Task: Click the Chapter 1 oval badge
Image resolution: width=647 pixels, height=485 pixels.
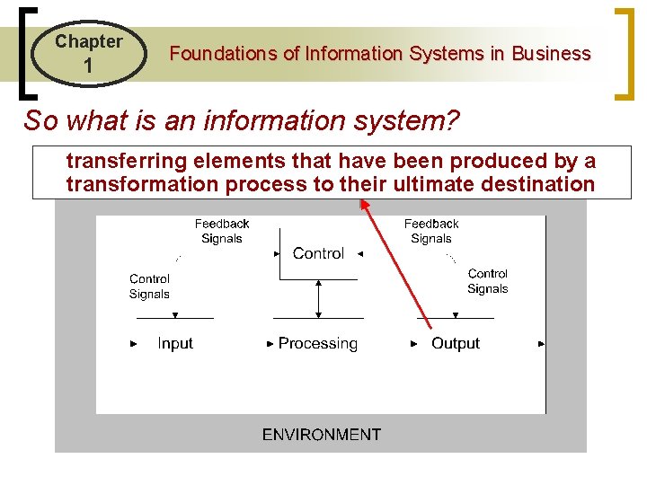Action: pos(88,53)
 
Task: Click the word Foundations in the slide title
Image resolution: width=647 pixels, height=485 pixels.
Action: pos(224,54)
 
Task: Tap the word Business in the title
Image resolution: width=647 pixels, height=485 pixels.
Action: pos(551,54)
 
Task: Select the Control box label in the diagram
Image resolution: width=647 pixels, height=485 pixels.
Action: pos(318,253)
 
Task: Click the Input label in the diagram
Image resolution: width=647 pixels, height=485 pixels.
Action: pos(175,343)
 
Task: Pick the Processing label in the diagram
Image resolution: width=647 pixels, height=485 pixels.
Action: pos(317,343)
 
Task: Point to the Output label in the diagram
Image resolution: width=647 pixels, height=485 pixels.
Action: pos(456,343)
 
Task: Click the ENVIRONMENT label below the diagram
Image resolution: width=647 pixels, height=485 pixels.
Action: pos(321,435)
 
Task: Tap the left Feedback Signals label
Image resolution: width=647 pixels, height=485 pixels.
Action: pos(222,231)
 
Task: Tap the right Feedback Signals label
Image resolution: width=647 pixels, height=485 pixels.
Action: pos(431,231)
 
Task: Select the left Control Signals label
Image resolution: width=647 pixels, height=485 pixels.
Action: pos(149,287)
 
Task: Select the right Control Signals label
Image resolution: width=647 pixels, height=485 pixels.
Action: pos(488,281)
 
